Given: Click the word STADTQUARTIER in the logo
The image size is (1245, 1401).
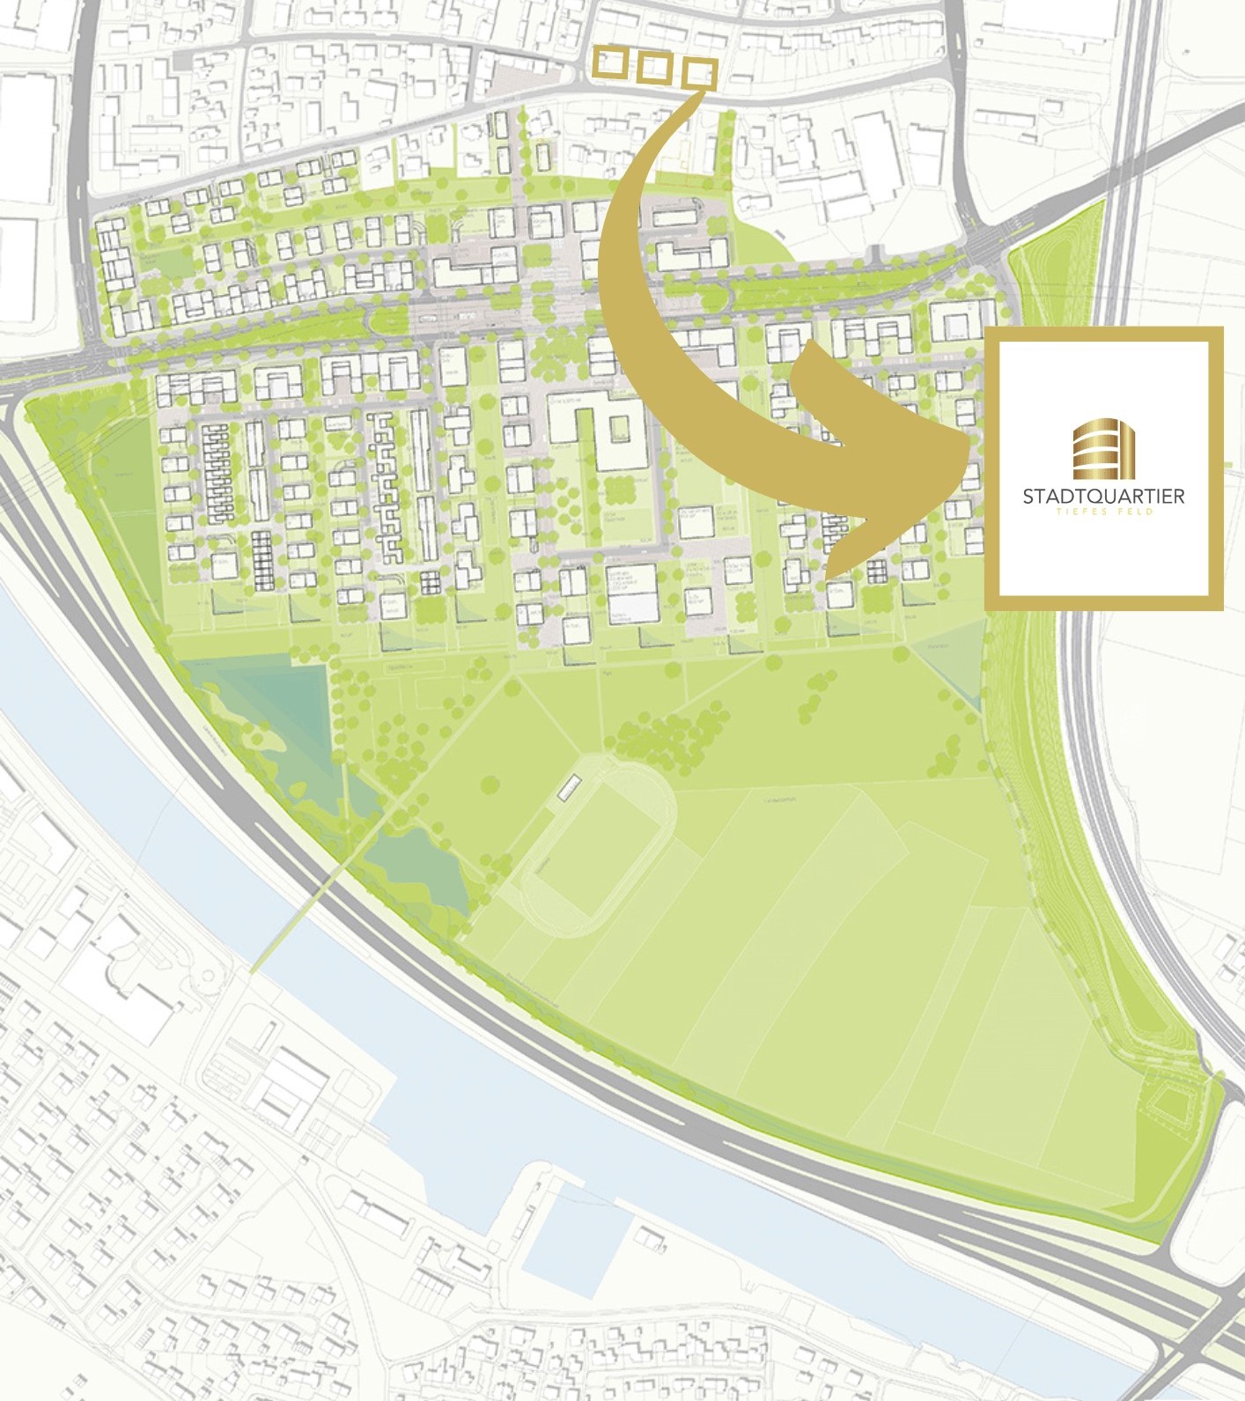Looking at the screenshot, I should [1103, 496].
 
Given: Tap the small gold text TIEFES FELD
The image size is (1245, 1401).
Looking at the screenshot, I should [1103, 511].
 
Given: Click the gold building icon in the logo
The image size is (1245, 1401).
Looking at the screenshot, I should [1104, 450].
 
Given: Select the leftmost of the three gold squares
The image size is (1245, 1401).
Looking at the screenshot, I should [609, 63].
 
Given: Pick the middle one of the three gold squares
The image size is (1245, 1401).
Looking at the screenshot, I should [653, 69].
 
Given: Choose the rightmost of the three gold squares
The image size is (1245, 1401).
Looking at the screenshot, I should [698, 74].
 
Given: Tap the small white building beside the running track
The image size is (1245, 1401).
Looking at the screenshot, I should [570, 787].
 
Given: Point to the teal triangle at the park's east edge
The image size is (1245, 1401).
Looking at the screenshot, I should [955, 665].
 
